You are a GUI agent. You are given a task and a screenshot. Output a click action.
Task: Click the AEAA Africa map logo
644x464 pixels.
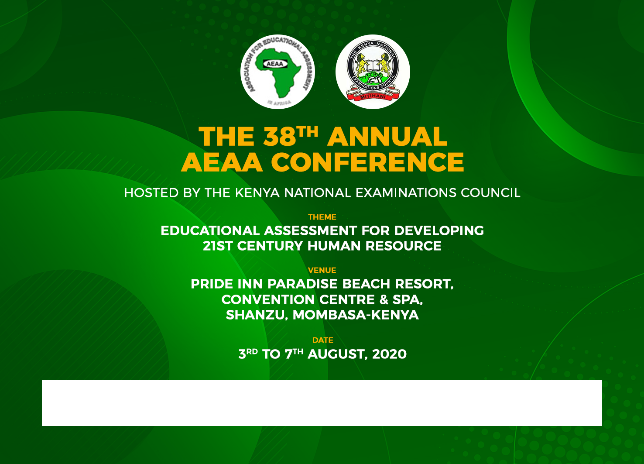click(x=277, y=72)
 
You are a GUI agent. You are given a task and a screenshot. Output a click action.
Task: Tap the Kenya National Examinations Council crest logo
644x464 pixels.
click(x=373, y=72)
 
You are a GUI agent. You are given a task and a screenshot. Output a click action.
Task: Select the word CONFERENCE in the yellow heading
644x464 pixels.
click(x=367, y=162)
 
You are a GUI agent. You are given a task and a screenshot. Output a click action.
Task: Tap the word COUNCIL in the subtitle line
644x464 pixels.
click(x=490, y=193)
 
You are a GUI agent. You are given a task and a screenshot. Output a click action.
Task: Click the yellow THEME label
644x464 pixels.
click(x=322, y=217)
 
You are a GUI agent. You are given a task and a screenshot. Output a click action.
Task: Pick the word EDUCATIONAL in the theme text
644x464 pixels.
click(x=210, y=231)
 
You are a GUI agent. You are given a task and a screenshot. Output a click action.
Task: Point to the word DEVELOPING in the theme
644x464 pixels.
click(x=439, y=231)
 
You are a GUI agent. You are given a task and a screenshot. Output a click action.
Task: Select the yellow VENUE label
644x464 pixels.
click(x=322, y=270)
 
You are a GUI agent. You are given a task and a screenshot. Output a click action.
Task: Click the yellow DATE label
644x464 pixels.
click(x=323, y=340)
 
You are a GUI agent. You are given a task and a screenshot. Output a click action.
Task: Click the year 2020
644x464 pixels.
click(x=389, y=354)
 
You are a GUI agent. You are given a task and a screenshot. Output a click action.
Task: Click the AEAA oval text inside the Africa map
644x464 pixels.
click(x=275, y=64)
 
